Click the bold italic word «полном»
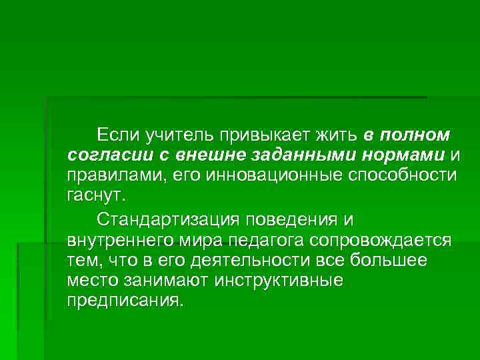(x=416, y=136)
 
